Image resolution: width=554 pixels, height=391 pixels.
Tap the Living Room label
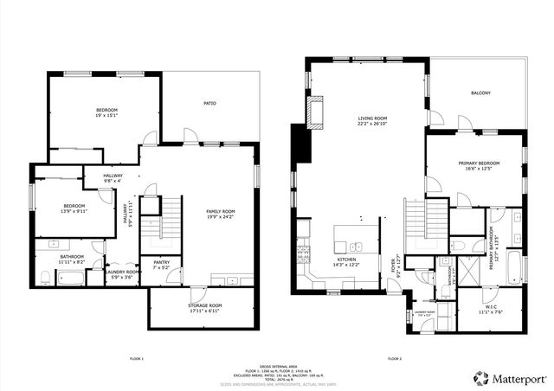click(x=373, y=121)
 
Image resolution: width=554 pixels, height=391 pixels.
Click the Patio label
click(x=209, y=104)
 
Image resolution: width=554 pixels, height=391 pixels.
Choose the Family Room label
click(x=220, y=214)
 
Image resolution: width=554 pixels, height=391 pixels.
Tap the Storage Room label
click(x=205, y=307)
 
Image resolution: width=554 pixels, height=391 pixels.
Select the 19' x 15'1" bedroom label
click(x=106, y=112)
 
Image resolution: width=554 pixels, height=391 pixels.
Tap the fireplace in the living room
click(x=317, y=113)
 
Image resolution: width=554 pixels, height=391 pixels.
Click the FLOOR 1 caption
click(x=136, y=357)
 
